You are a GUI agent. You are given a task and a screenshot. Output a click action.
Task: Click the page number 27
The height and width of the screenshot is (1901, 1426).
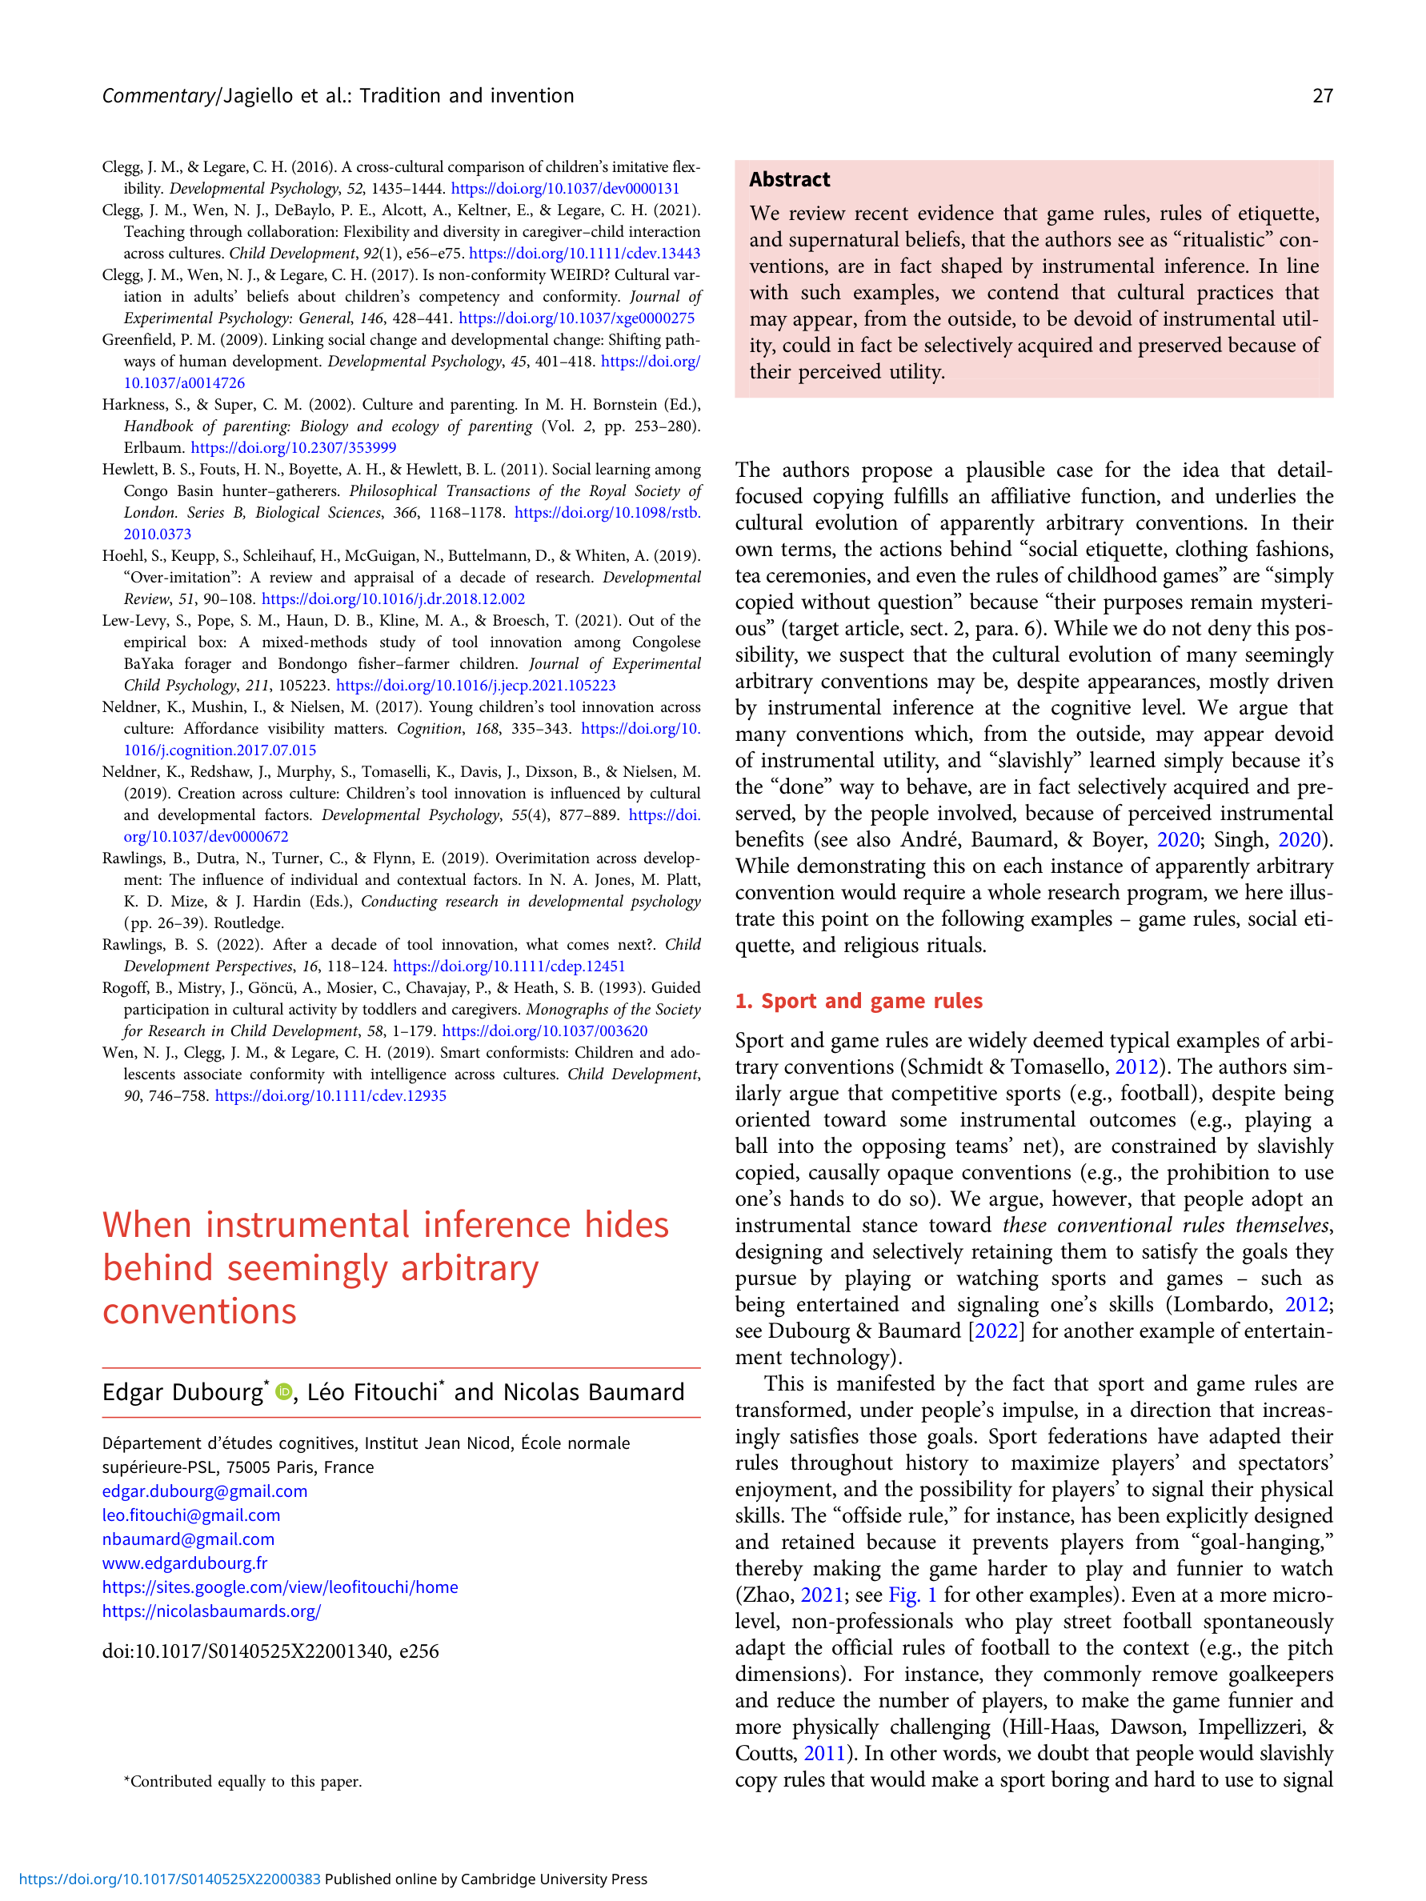click(1322, 95)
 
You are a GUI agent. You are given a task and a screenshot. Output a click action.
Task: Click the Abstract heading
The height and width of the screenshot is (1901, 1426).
click(789, 179)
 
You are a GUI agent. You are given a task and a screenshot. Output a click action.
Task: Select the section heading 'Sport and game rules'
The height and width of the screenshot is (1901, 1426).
click(859, 1000)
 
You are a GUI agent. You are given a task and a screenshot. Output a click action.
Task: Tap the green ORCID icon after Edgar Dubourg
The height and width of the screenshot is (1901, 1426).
click(282, 1391)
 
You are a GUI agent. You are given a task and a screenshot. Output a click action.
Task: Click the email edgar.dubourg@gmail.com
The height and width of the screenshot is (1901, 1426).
click(205, 1491)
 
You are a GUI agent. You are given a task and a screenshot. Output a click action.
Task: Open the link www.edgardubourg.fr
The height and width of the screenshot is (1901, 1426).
click(184, 1563)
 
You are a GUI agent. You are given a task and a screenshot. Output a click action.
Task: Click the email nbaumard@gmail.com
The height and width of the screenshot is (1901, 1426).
click(188, 1539)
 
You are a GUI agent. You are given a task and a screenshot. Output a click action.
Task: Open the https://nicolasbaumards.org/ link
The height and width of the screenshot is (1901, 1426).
click(211, 1611)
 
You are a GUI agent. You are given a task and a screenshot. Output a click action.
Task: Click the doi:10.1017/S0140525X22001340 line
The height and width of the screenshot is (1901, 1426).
click(270, 1651)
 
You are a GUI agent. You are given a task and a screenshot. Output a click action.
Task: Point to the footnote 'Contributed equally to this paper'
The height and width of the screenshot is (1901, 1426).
click(243, 1782)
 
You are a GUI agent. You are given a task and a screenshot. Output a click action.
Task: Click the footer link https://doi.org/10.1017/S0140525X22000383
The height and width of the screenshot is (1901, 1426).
click(170, 1879)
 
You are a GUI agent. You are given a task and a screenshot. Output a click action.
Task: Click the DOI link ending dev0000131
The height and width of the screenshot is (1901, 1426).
click(565, 188)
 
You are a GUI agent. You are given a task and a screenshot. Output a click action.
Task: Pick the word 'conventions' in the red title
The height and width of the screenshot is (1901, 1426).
click(199, 1311)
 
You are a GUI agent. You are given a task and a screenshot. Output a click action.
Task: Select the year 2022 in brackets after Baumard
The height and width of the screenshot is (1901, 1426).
click(996, 1331)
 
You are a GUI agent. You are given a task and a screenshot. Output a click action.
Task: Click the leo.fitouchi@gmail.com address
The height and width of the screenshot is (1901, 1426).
click(190, 1515)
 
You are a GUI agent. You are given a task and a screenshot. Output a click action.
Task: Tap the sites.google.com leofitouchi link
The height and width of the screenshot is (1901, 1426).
click(279, 1587)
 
